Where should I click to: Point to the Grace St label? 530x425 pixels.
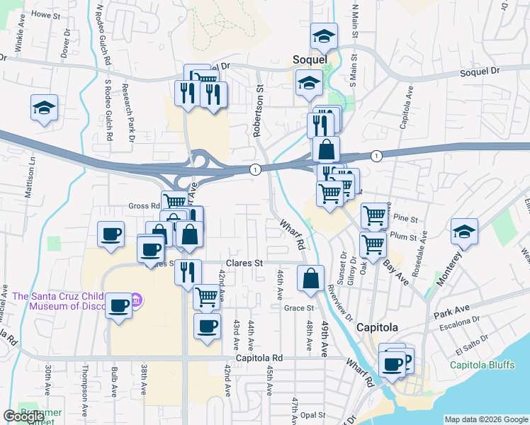click(x=299, y=308)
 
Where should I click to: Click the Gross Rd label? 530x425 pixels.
click(x=144, y=206)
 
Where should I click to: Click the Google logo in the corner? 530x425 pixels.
click(x=23, y=416)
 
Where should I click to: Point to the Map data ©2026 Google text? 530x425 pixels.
click(x=486, y=419)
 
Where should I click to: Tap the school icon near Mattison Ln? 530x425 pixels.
click(x=44, y=108)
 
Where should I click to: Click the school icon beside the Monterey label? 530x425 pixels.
click(x=464, y=232)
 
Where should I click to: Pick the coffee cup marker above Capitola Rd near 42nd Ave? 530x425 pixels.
click(x=207, y=326)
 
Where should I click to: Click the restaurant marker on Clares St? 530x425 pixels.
click(x=188, y=271)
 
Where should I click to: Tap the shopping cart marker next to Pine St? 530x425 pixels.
click(x=374, y=215)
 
